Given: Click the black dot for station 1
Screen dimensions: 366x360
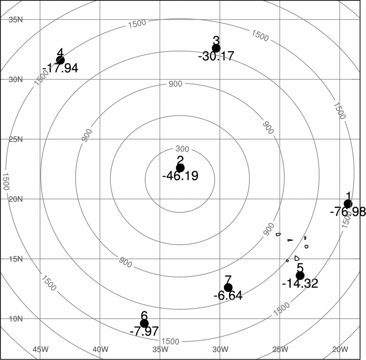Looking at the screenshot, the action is (348, 204).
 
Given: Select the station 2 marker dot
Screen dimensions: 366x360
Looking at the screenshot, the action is (180, 168).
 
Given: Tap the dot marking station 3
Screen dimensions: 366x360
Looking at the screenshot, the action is (216, 48).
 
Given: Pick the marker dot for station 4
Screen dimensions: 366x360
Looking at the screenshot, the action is (60, 60).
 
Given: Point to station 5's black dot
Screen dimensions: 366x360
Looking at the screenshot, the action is (300, 276).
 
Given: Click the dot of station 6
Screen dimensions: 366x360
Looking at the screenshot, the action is (144, 323).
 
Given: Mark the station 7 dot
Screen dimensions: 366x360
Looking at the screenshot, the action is (228, 288).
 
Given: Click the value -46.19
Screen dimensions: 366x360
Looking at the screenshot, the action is (180, 176).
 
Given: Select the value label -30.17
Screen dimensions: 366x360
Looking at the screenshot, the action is (216, 56).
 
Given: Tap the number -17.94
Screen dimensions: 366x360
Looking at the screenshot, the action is (60, 68).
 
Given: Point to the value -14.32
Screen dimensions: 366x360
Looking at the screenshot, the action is (300, 284).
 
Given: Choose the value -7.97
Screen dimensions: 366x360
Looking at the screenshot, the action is (144, 331).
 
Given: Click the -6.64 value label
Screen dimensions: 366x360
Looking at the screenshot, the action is (228, 296).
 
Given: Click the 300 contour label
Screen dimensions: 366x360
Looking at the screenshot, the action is (182, 149).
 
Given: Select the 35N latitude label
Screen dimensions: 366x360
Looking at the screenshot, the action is (16, 20).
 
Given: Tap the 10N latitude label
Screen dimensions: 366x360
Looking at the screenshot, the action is (16, 319).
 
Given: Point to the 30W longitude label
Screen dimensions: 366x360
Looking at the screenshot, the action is (220, 349).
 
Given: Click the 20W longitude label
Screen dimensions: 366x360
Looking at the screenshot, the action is (340, 349).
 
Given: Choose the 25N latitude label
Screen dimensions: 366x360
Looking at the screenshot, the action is (16, 140).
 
